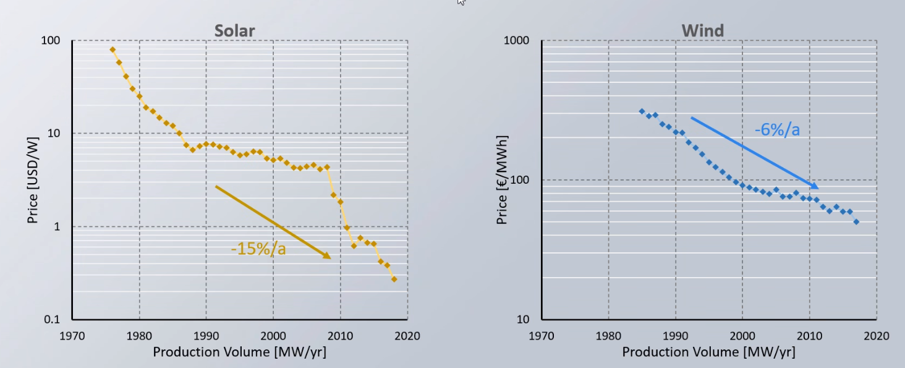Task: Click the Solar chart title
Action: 234,30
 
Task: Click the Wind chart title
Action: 702,30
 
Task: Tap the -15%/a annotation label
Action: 258,249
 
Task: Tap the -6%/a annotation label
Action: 777,129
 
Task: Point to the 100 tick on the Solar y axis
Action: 51,41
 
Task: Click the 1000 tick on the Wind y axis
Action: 517,41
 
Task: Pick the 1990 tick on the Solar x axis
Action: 206,336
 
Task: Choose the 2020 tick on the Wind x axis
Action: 877,336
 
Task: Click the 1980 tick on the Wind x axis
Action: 609,336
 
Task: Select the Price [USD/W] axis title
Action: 33,180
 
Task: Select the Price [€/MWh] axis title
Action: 502,180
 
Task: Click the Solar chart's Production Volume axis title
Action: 239,352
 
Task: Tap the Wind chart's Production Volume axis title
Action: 708,352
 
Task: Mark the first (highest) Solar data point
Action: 113,49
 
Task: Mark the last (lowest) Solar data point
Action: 394,279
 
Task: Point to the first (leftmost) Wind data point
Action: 642,111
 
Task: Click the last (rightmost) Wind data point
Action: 856,221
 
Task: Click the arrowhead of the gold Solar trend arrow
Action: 328,257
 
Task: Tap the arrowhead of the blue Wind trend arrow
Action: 815,187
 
